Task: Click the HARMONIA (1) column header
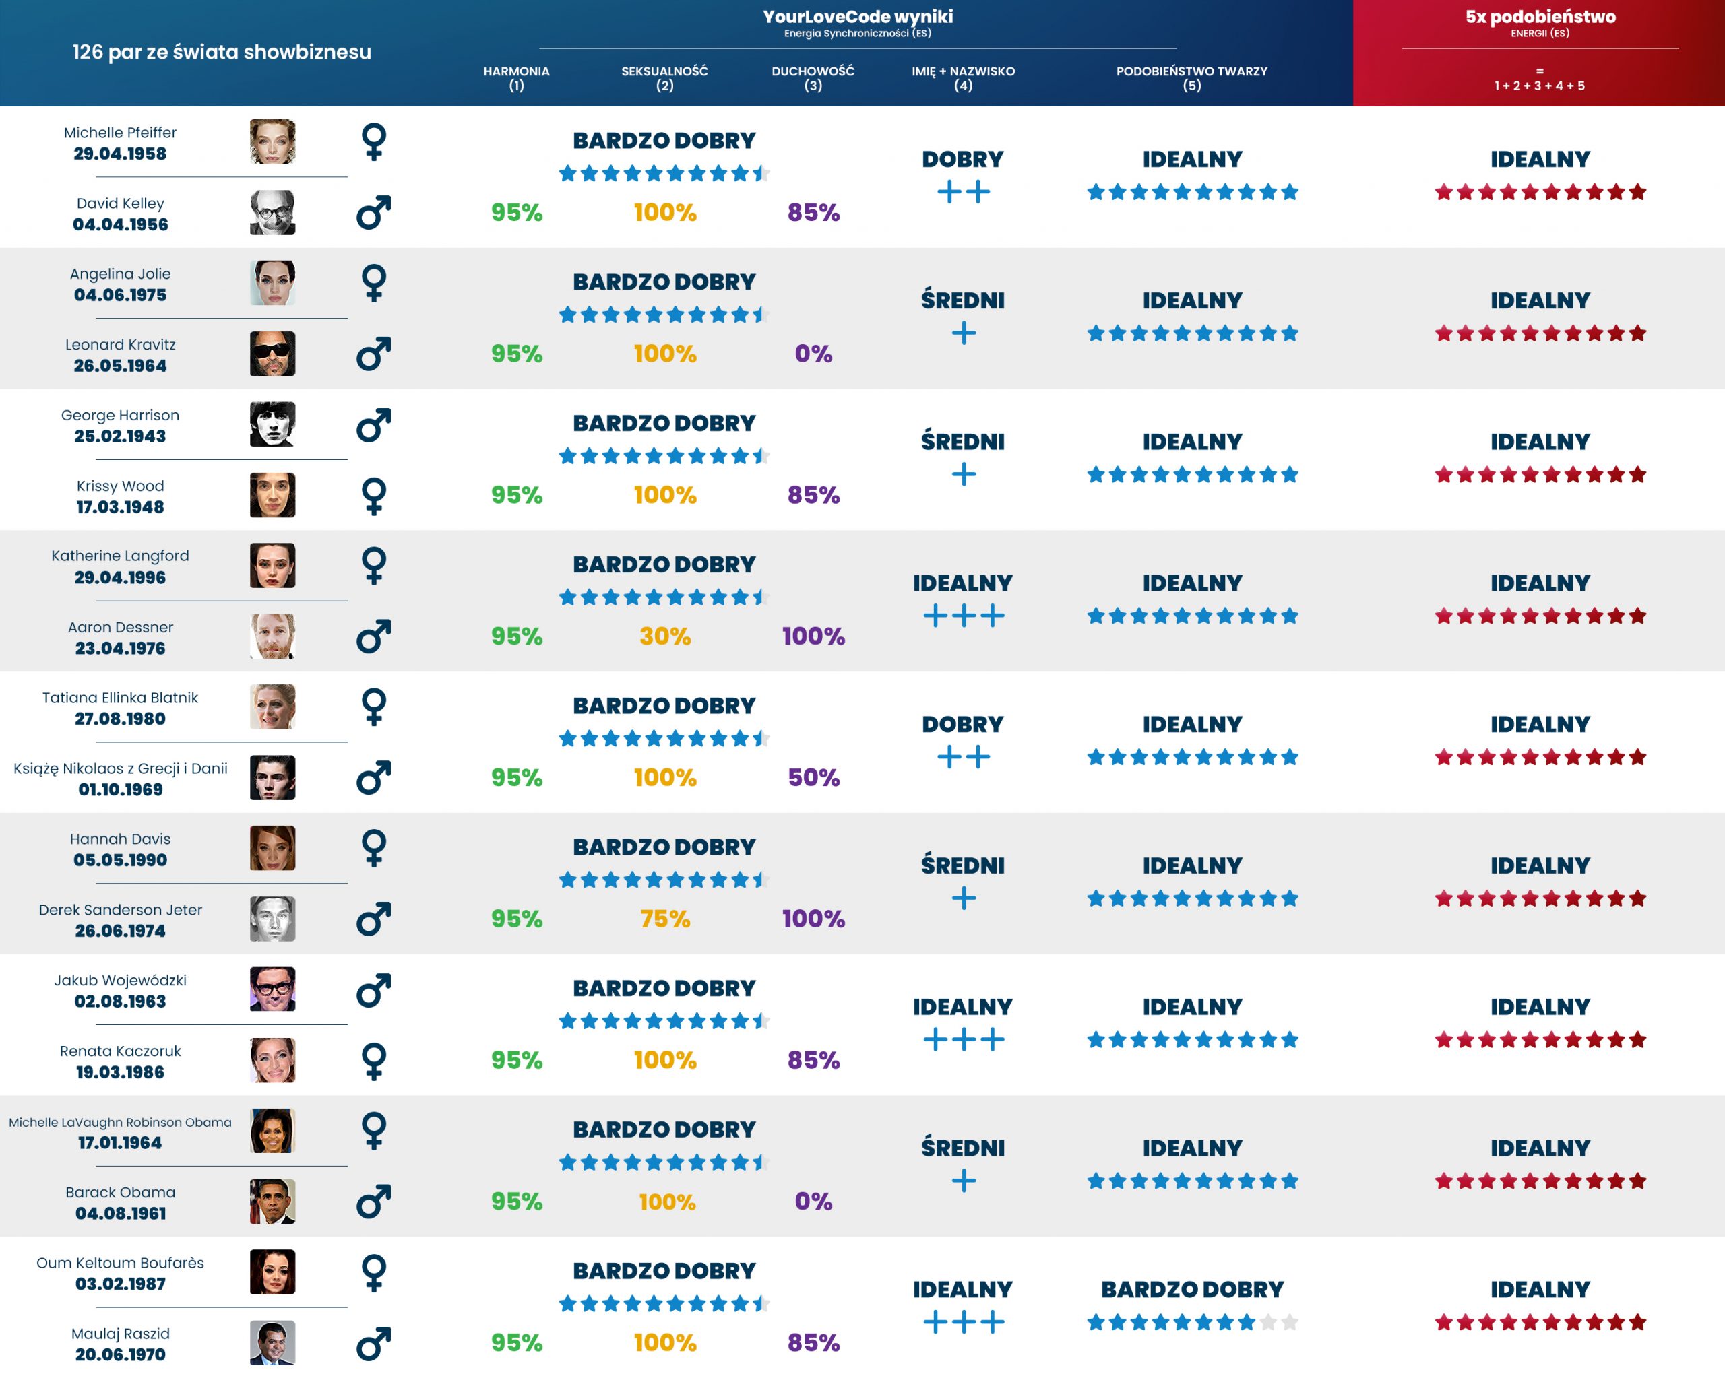516,77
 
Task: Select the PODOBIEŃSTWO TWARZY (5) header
1191,77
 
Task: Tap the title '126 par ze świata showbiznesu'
222,52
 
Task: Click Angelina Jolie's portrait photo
272,283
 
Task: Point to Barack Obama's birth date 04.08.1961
121,1213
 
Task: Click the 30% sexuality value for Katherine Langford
665,636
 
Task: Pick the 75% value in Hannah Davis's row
665,918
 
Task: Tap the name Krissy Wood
120,486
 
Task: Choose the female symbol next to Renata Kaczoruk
374,1061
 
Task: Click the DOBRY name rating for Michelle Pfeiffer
962,159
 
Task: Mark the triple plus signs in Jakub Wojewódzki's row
964,1040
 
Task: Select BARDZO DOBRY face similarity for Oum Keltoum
1192,1289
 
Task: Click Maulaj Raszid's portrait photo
272,1343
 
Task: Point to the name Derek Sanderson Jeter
120,909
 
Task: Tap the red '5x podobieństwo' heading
1540,17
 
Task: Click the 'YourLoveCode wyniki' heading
858,17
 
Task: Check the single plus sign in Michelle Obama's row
964,1181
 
